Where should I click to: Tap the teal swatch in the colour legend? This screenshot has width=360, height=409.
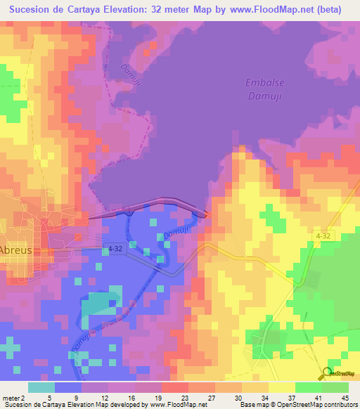(41, 387)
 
